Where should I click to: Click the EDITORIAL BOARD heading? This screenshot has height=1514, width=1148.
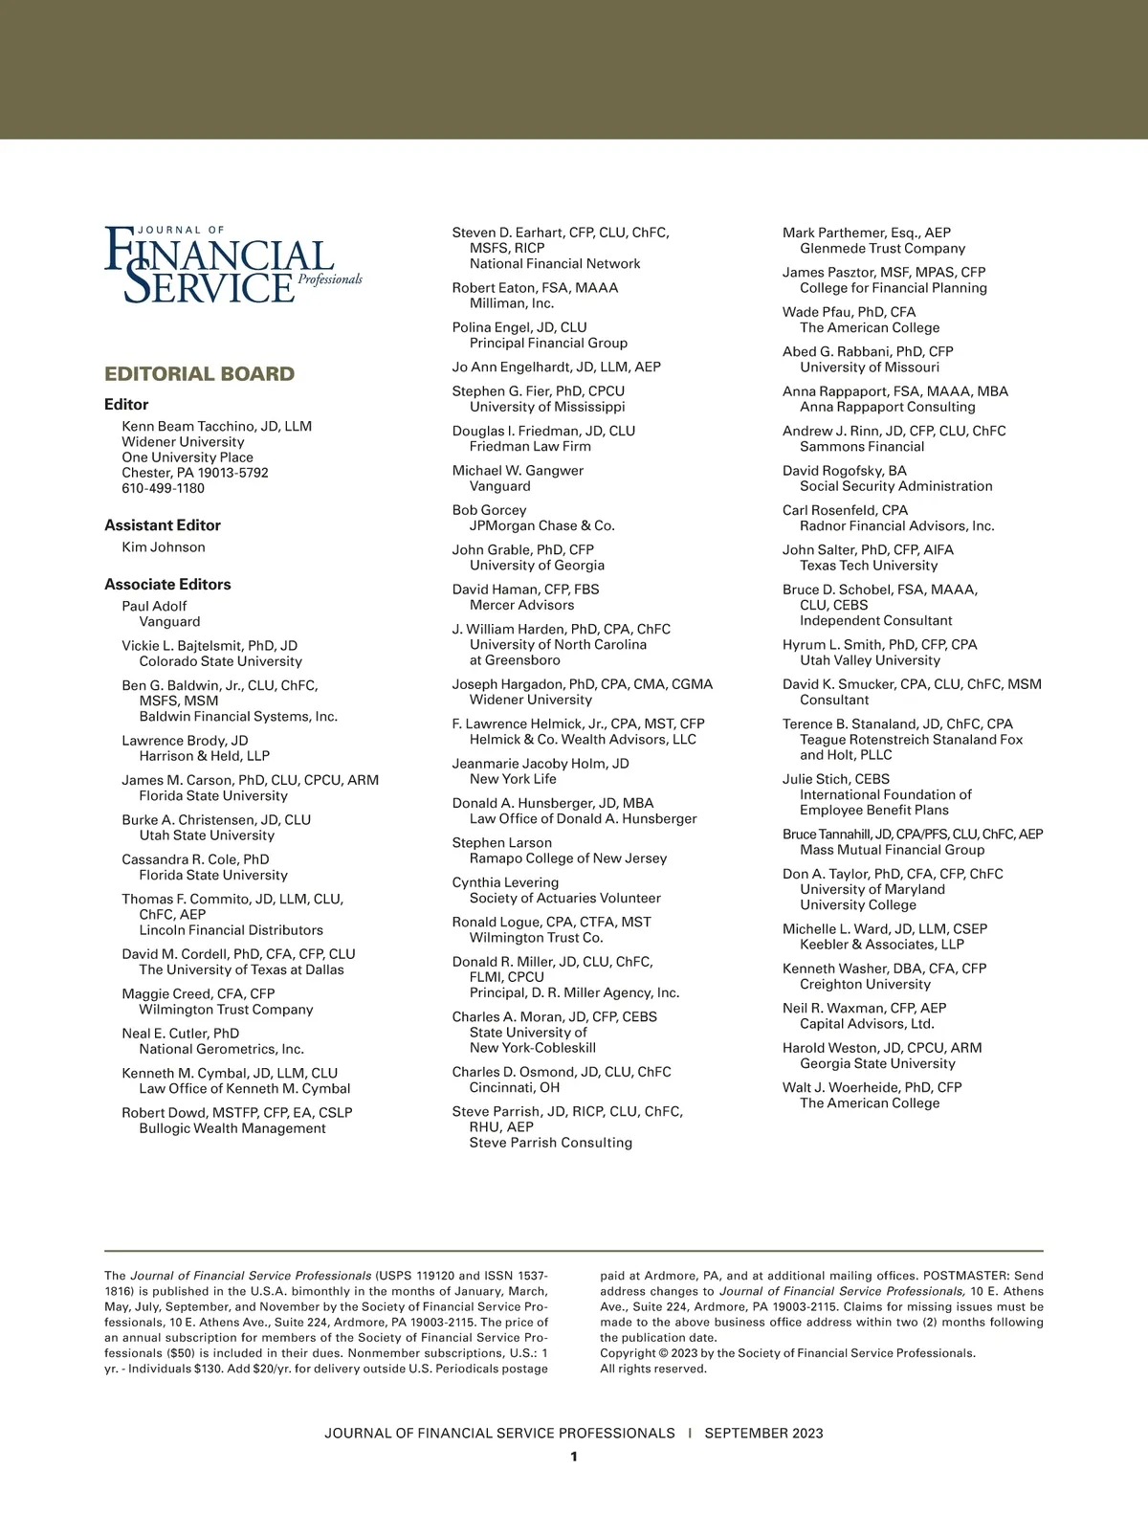click(199, 374)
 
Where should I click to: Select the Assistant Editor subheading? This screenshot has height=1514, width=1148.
click(163, 525)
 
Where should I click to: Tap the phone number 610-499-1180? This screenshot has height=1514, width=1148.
click(163, 488)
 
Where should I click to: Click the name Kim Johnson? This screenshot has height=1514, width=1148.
click(164, 547)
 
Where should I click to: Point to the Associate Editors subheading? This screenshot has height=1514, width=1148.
click(167, 585)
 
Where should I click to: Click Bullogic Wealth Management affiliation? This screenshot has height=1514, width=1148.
click(232, 1128)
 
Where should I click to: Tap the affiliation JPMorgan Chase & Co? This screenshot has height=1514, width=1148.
click(541, 525)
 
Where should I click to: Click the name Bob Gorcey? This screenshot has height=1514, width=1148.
click(489, 510)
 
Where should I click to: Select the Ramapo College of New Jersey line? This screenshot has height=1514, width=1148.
click(567, 858)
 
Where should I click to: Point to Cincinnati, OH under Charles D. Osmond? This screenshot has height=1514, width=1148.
click(515, 1087)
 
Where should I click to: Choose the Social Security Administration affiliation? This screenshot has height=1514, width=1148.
click(895, 486)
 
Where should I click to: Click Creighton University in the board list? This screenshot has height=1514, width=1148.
click(865, 984)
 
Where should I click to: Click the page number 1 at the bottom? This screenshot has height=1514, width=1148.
click(574, 1457)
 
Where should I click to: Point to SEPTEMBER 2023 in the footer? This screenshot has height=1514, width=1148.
click(763, 1434)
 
